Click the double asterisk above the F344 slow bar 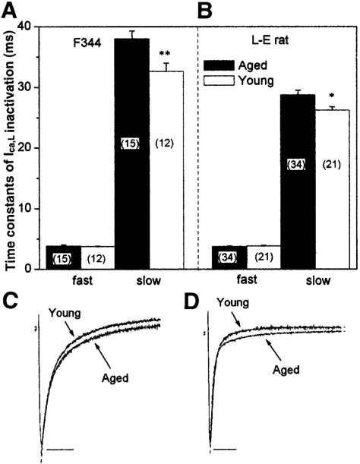tap(164, 55)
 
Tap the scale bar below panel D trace tap(229, 450)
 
